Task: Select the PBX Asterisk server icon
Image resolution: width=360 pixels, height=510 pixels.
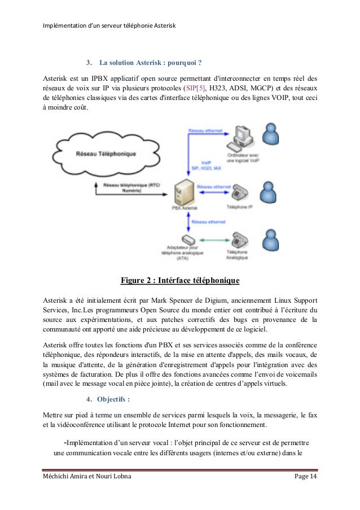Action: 184,194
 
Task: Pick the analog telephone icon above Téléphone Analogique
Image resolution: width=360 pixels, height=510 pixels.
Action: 238,238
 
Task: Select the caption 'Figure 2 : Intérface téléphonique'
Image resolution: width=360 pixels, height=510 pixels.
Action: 180,280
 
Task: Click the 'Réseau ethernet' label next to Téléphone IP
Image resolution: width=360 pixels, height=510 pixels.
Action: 214,186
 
